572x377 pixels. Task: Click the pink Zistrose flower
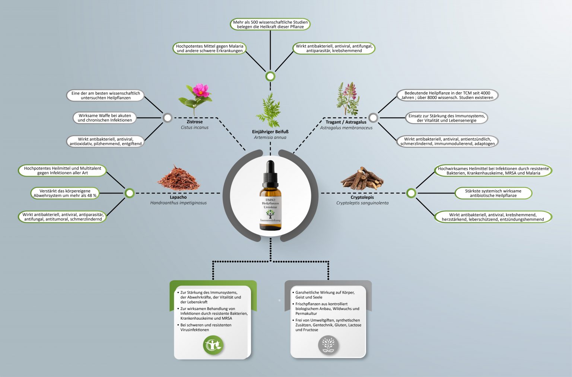click(201, 91)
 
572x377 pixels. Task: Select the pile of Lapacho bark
click(178, 179)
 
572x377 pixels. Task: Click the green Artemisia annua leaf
click(269, 111)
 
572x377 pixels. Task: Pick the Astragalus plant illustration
click(348, 99)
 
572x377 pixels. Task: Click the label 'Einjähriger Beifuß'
click(270, 132)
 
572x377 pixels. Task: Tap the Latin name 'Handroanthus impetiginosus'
click(178, 203)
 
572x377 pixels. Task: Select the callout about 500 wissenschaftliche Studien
click(270, 25)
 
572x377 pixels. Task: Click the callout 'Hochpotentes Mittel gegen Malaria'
click(210, 48)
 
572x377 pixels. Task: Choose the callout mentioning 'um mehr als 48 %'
click(65, 193)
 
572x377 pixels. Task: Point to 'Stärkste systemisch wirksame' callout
click(493, 193)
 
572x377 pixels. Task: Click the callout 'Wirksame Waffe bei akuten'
click(105, 118)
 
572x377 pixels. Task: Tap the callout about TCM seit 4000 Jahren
click(447, 95)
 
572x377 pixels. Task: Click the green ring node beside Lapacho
click(130, 193)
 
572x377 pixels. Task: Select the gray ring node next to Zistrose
click(168, 118)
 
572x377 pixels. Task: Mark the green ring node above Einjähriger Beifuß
click(270, 77)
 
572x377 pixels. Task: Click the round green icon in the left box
click(213, 345)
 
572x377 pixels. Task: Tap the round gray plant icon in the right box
click(328, 345)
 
